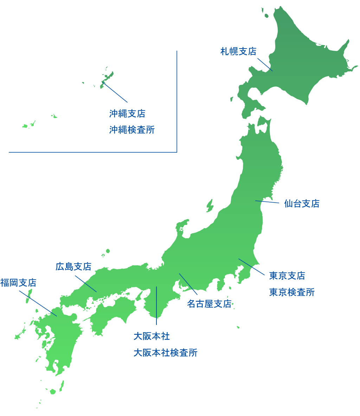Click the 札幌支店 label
tap(238, 51)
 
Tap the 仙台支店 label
tap(302, 204)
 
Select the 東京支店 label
tap(287, 276)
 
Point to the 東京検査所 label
tap(292, 292)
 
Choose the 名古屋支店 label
tap(209, 304)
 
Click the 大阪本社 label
tap(152, 337)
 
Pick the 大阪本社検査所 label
tap(165, 353)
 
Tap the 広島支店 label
tap(73, 267)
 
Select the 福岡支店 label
tap(18, 283)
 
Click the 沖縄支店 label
tap(127, 114)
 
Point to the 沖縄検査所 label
tap(132, 130)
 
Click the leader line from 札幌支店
tap(265, 64)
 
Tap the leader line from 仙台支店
tap(267, 202)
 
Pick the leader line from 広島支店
tap(86, 284)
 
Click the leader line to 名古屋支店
tap(188, 284)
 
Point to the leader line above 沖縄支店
tap(115, 92)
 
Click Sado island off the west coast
tap(210, 205)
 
